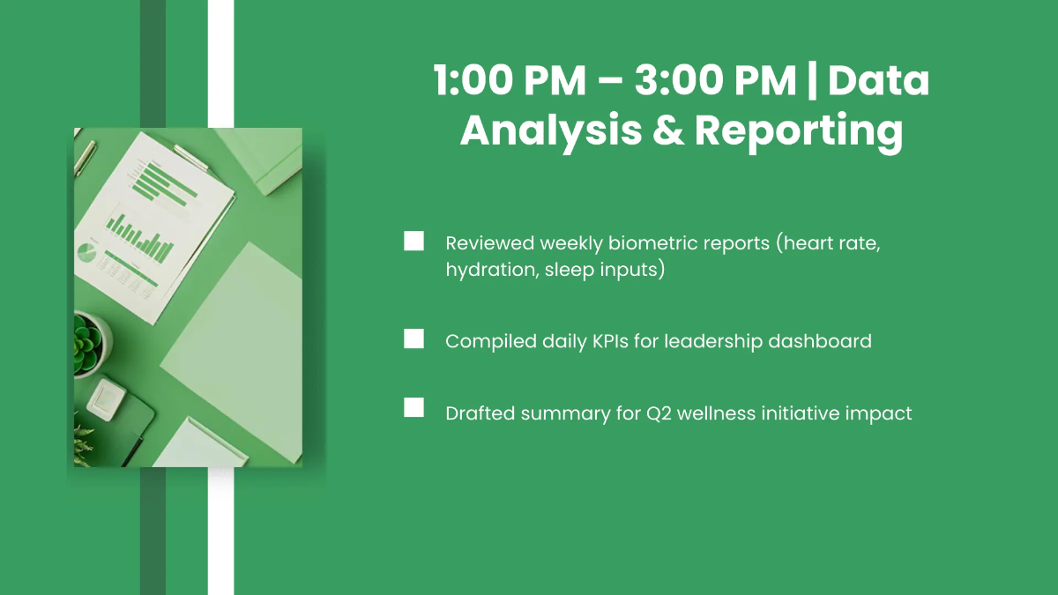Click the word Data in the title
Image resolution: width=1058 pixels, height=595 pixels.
pos(878,80)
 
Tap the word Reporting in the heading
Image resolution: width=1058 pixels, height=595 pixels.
pos(799,132)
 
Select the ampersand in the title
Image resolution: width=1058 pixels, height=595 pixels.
pos(668,130)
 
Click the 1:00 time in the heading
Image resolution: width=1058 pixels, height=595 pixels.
pos(473,80)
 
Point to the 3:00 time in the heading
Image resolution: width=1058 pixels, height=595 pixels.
pos(679,80)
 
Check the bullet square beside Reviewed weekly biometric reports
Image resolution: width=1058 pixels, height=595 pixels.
pos(414,241)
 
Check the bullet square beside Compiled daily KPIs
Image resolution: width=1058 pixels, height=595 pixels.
pos(414,338)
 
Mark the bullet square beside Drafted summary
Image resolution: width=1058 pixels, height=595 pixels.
pos(414,407)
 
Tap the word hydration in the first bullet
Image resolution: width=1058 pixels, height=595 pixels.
pos(492,270)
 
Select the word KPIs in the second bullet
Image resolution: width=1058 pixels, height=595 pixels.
pos(610,341)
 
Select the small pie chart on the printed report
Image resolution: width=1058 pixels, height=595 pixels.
pos(86,253)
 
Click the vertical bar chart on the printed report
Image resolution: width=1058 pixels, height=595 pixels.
pos(140,240)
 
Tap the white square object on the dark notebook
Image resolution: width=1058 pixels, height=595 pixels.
pos(107,399)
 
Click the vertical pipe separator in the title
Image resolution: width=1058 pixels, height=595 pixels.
pos(812,81)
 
